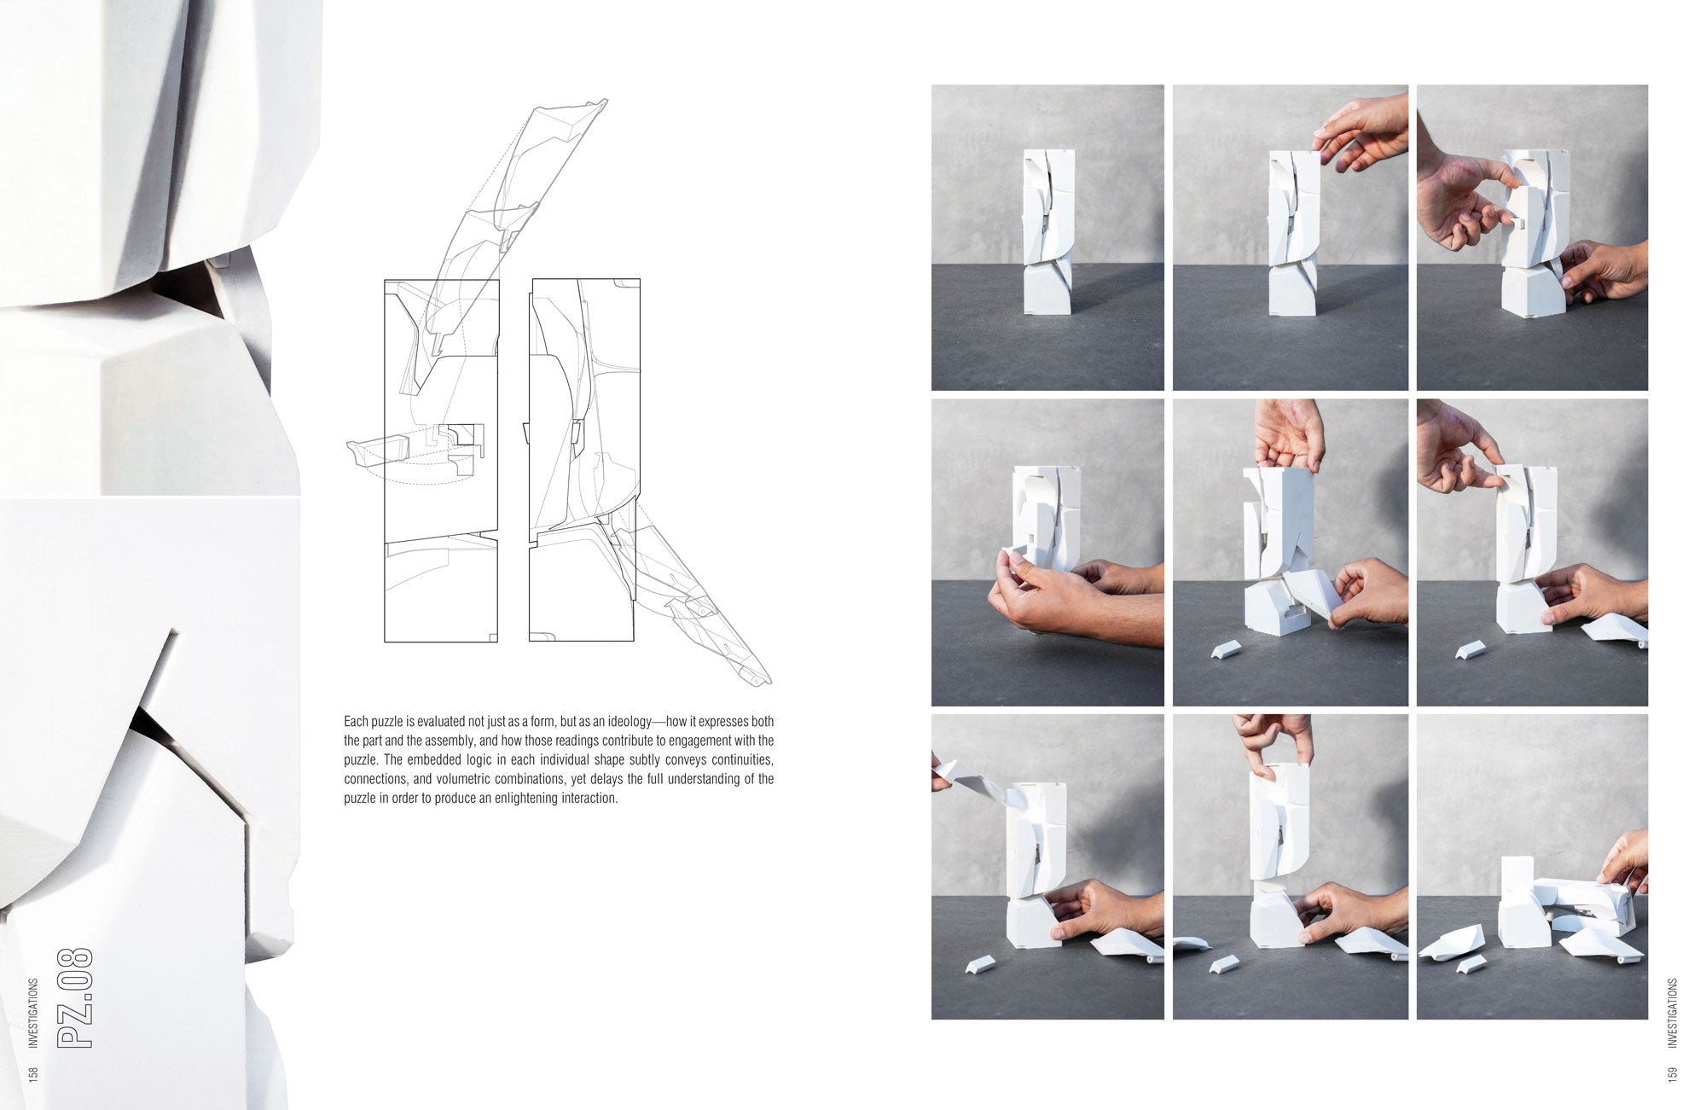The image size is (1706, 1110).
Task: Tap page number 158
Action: tap(33, 1073)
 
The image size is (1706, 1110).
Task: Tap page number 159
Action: tap(1672, 1073)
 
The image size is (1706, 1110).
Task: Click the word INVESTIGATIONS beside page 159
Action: tap(1672, 1013)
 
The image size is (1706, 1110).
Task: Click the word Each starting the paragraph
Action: tap(356, 722)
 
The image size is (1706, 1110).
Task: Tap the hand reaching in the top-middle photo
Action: tap(1362, 131)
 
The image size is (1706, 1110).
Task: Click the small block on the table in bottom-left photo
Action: tap(982, 965)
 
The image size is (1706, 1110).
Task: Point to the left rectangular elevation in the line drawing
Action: tap(441, 461)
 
